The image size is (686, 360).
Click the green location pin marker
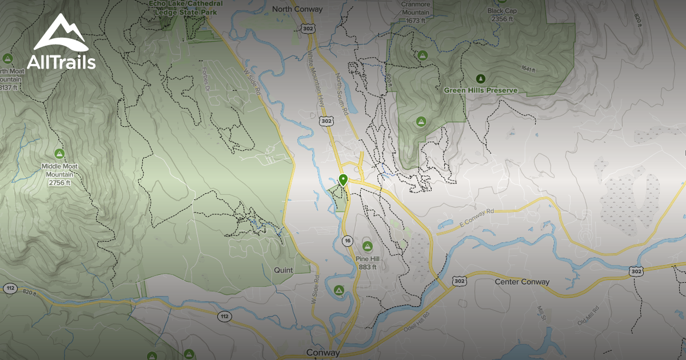(343, 179)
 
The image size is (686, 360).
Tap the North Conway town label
(297, 9)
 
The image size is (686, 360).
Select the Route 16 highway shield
(347, 241)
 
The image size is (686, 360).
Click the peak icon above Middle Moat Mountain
(59, 153)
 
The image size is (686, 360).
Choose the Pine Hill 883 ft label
(367, 263)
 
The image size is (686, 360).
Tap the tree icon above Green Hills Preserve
(480, 78)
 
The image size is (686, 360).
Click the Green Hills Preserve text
(481, 90)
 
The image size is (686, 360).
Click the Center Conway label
(522, 282)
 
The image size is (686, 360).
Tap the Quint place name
(284, 270)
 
